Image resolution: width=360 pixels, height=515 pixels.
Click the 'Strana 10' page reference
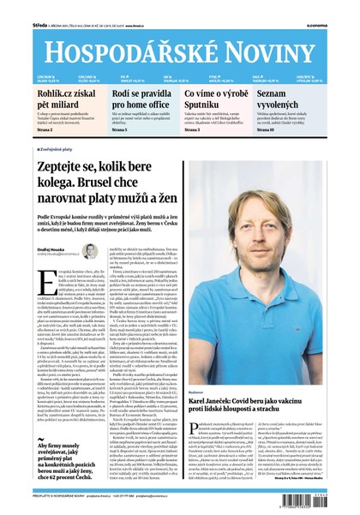click(x=289, y=129)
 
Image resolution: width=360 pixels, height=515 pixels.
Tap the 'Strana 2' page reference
click(x=44, y=129)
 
